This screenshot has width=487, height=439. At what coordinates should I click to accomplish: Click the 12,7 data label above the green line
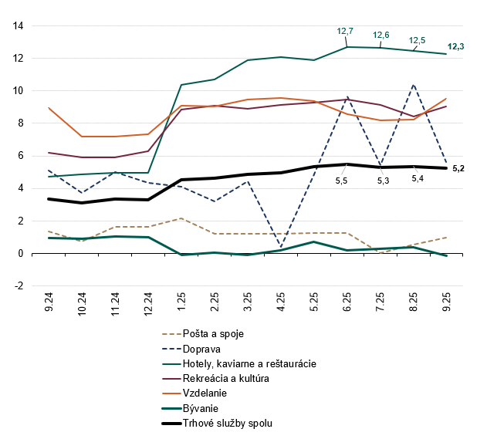pyautogui.click(x=345, y=31)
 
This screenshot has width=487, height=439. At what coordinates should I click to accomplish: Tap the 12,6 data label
pyautogui.click(x=380, y=35)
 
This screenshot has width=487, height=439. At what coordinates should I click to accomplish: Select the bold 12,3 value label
pyautogui.click(x=456, y=47)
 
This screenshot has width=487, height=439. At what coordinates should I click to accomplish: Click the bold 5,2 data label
pyautogui.click(x=457, y=168)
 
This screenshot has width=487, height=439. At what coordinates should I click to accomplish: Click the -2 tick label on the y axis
pyautogui.click(x=18, y=286)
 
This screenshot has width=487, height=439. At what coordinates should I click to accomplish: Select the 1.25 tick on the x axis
pyautogui.click(x=181, y=299)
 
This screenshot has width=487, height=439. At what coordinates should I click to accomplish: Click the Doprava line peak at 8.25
pyautogui.click(x=414, y=84)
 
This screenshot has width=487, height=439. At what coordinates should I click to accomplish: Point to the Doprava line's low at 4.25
pyautogui.click(x=281, y=246)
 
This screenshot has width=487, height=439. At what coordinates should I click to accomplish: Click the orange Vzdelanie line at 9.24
pyautogui.click(x=49, y=108)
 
